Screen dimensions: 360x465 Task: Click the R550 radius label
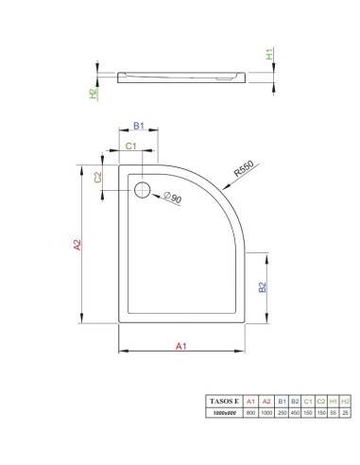[244, 168]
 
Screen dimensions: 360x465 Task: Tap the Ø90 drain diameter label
[173, 198]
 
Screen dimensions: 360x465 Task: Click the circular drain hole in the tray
[143, 190]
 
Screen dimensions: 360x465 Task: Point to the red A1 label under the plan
[181, 346]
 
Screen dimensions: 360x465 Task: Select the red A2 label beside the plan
[77, 245]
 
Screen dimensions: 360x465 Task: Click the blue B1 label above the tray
[139, 126]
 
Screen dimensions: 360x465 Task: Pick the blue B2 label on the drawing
[263, 287]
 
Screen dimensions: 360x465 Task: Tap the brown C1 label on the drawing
[130, 146]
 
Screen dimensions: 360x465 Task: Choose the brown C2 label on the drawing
[98, 178]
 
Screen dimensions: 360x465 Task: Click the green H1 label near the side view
[269, 55]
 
